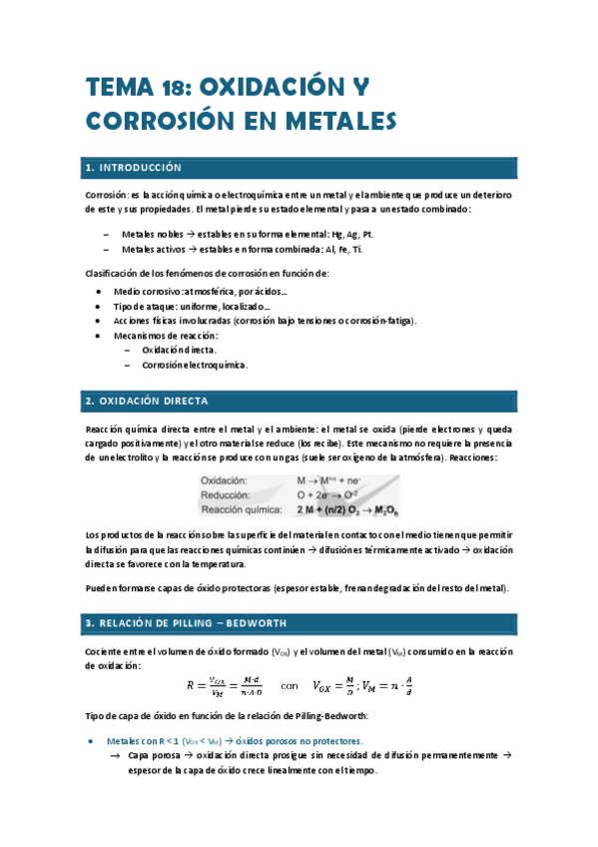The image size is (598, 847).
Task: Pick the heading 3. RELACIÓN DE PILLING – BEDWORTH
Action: coord(186,623)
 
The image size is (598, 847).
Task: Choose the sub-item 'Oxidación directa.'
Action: coord(180,351)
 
